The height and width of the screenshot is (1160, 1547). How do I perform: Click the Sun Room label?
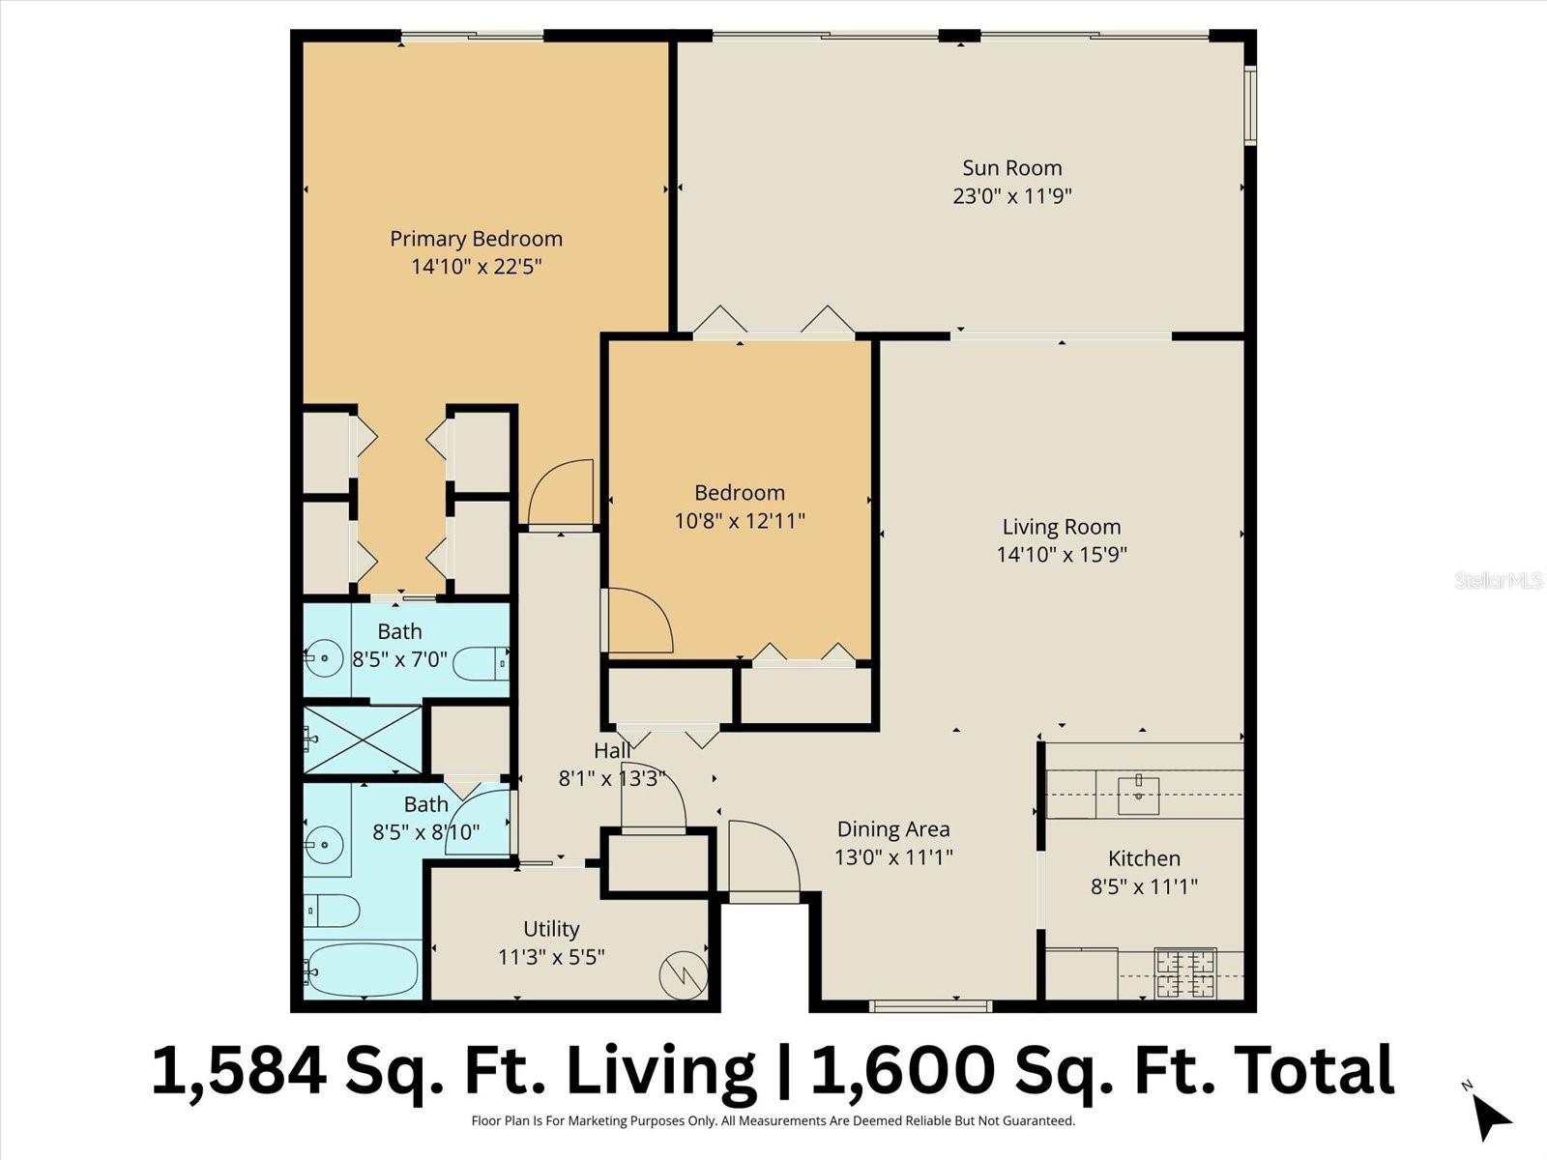pos(1011,168)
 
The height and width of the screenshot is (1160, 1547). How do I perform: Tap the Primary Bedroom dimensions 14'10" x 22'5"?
pos(476,267)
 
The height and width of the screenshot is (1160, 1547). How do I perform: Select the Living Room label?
pos(1061,527)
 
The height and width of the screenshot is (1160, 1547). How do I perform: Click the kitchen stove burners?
pos(1184,973)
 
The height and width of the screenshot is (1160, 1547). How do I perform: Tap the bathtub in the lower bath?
pos(362,970)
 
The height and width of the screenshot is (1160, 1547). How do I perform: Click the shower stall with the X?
pos(363,739)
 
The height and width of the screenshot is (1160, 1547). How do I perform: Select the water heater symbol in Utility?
pos(684,975)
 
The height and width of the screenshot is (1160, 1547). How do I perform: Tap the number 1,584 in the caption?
pos(239,1071)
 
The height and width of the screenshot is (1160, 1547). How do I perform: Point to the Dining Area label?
pos(892,829)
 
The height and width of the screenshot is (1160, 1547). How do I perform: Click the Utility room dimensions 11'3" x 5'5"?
pos(551,957)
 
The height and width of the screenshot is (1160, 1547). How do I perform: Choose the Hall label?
pos(612,750)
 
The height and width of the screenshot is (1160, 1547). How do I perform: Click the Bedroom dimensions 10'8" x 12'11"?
pos(740,521)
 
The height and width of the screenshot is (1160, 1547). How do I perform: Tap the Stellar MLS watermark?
pos(1498,580)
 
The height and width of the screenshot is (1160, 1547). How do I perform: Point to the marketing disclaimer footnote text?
pos(773,1121)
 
